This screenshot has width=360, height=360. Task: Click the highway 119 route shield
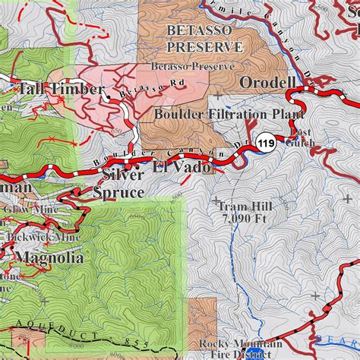266,143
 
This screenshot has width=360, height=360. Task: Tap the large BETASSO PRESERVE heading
204,38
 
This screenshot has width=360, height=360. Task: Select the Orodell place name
268,82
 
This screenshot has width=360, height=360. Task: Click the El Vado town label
181,167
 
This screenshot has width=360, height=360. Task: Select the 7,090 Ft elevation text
242,219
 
